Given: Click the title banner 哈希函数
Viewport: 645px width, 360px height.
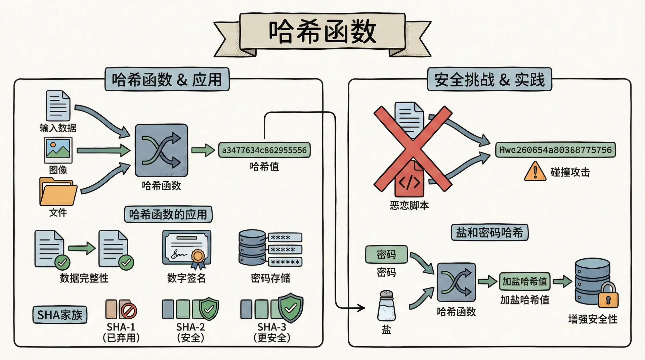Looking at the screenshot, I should (x=322, y=32).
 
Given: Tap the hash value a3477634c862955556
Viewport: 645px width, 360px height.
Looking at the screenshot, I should (x=264, y=150).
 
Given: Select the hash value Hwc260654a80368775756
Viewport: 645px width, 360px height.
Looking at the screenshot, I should (x=555, y=150).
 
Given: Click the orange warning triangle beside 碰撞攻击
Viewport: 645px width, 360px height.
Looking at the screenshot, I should (x=535, y=172).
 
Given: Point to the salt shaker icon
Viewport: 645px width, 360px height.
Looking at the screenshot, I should (x=386, y=306).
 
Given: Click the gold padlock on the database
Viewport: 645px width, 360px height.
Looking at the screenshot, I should (x=608, y=296).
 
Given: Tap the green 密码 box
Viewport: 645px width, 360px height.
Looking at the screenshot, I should (x=386, y=255).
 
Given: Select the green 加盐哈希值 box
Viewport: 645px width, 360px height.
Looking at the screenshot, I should (x=524, y=281).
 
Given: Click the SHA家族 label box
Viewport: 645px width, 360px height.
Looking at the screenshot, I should (x=60, y=315).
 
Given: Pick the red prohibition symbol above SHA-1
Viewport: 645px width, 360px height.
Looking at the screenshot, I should (x=128, y=310).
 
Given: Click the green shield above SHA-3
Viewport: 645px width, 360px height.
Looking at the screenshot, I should (x=291, y=308).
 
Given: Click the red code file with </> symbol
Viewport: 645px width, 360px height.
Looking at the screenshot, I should (x=409, y=181).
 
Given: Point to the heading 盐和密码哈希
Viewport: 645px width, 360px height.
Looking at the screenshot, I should (x=489, y=232).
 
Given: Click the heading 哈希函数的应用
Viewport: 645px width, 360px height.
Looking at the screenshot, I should (x=168, y=214).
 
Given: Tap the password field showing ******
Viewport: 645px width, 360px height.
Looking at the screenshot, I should (x=285, y=262).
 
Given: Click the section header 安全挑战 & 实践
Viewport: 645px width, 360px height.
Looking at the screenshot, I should (x=489, y=80).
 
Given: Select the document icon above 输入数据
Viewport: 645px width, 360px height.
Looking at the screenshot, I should (x=58, y=106).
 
